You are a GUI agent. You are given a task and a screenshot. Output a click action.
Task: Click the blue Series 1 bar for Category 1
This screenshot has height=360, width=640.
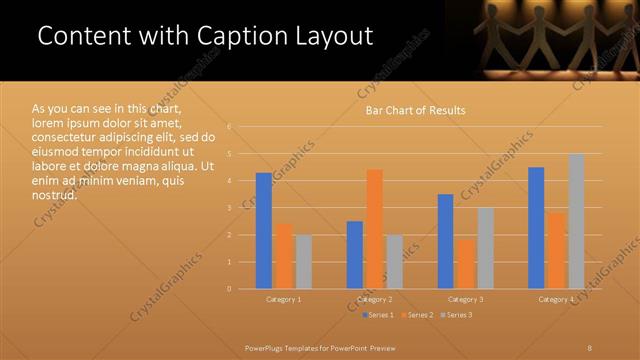[264, 231]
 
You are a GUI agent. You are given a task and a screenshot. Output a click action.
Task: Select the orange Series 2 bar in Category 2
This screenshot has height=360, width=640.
[374, 229]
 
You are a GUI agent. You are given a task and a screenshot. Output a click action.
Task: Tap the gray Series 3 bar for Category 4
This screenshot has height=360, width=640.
[576, 221]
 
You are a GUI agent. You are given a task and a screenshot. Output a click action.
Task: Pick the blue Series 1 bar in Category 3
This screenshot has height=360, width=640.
[445, 241]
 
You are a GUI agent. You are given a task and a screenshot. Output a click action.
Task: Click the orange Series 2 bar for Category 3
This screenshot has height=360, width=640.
[465, 264]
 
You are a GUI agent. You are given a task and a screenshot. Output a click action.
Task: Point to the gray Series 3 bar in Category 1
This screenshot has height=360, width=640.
[303, 262]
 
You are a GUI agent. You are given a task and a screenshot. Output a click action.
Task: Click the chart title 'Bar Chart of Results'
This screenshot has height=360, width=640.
[414, 110]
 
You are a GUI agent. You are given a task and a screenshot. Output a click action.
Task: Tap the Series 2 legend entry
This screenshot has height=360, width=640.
[418, 315]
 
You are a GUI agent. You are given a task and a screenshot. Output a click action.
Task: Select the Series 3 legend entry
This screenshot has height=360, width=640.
[459, 315]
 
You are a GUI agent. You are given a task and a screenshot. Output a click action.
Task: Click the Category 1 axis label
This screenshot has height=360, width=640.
[284, 299]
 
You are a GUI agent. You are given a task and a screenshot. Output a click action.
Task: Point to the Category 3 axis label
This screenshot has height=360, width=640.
[465, 299]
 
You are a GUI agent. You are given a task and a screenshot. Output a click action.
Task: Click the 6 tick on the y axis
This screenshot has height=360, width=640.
[229, 127]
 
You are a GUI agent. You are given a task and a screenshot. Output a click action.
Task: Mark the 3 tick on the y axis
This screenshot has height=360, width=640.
[229, 208]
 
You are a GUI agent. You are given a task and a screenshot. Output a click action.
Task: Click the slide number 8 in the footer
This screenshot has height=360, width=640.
[590, 346]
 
